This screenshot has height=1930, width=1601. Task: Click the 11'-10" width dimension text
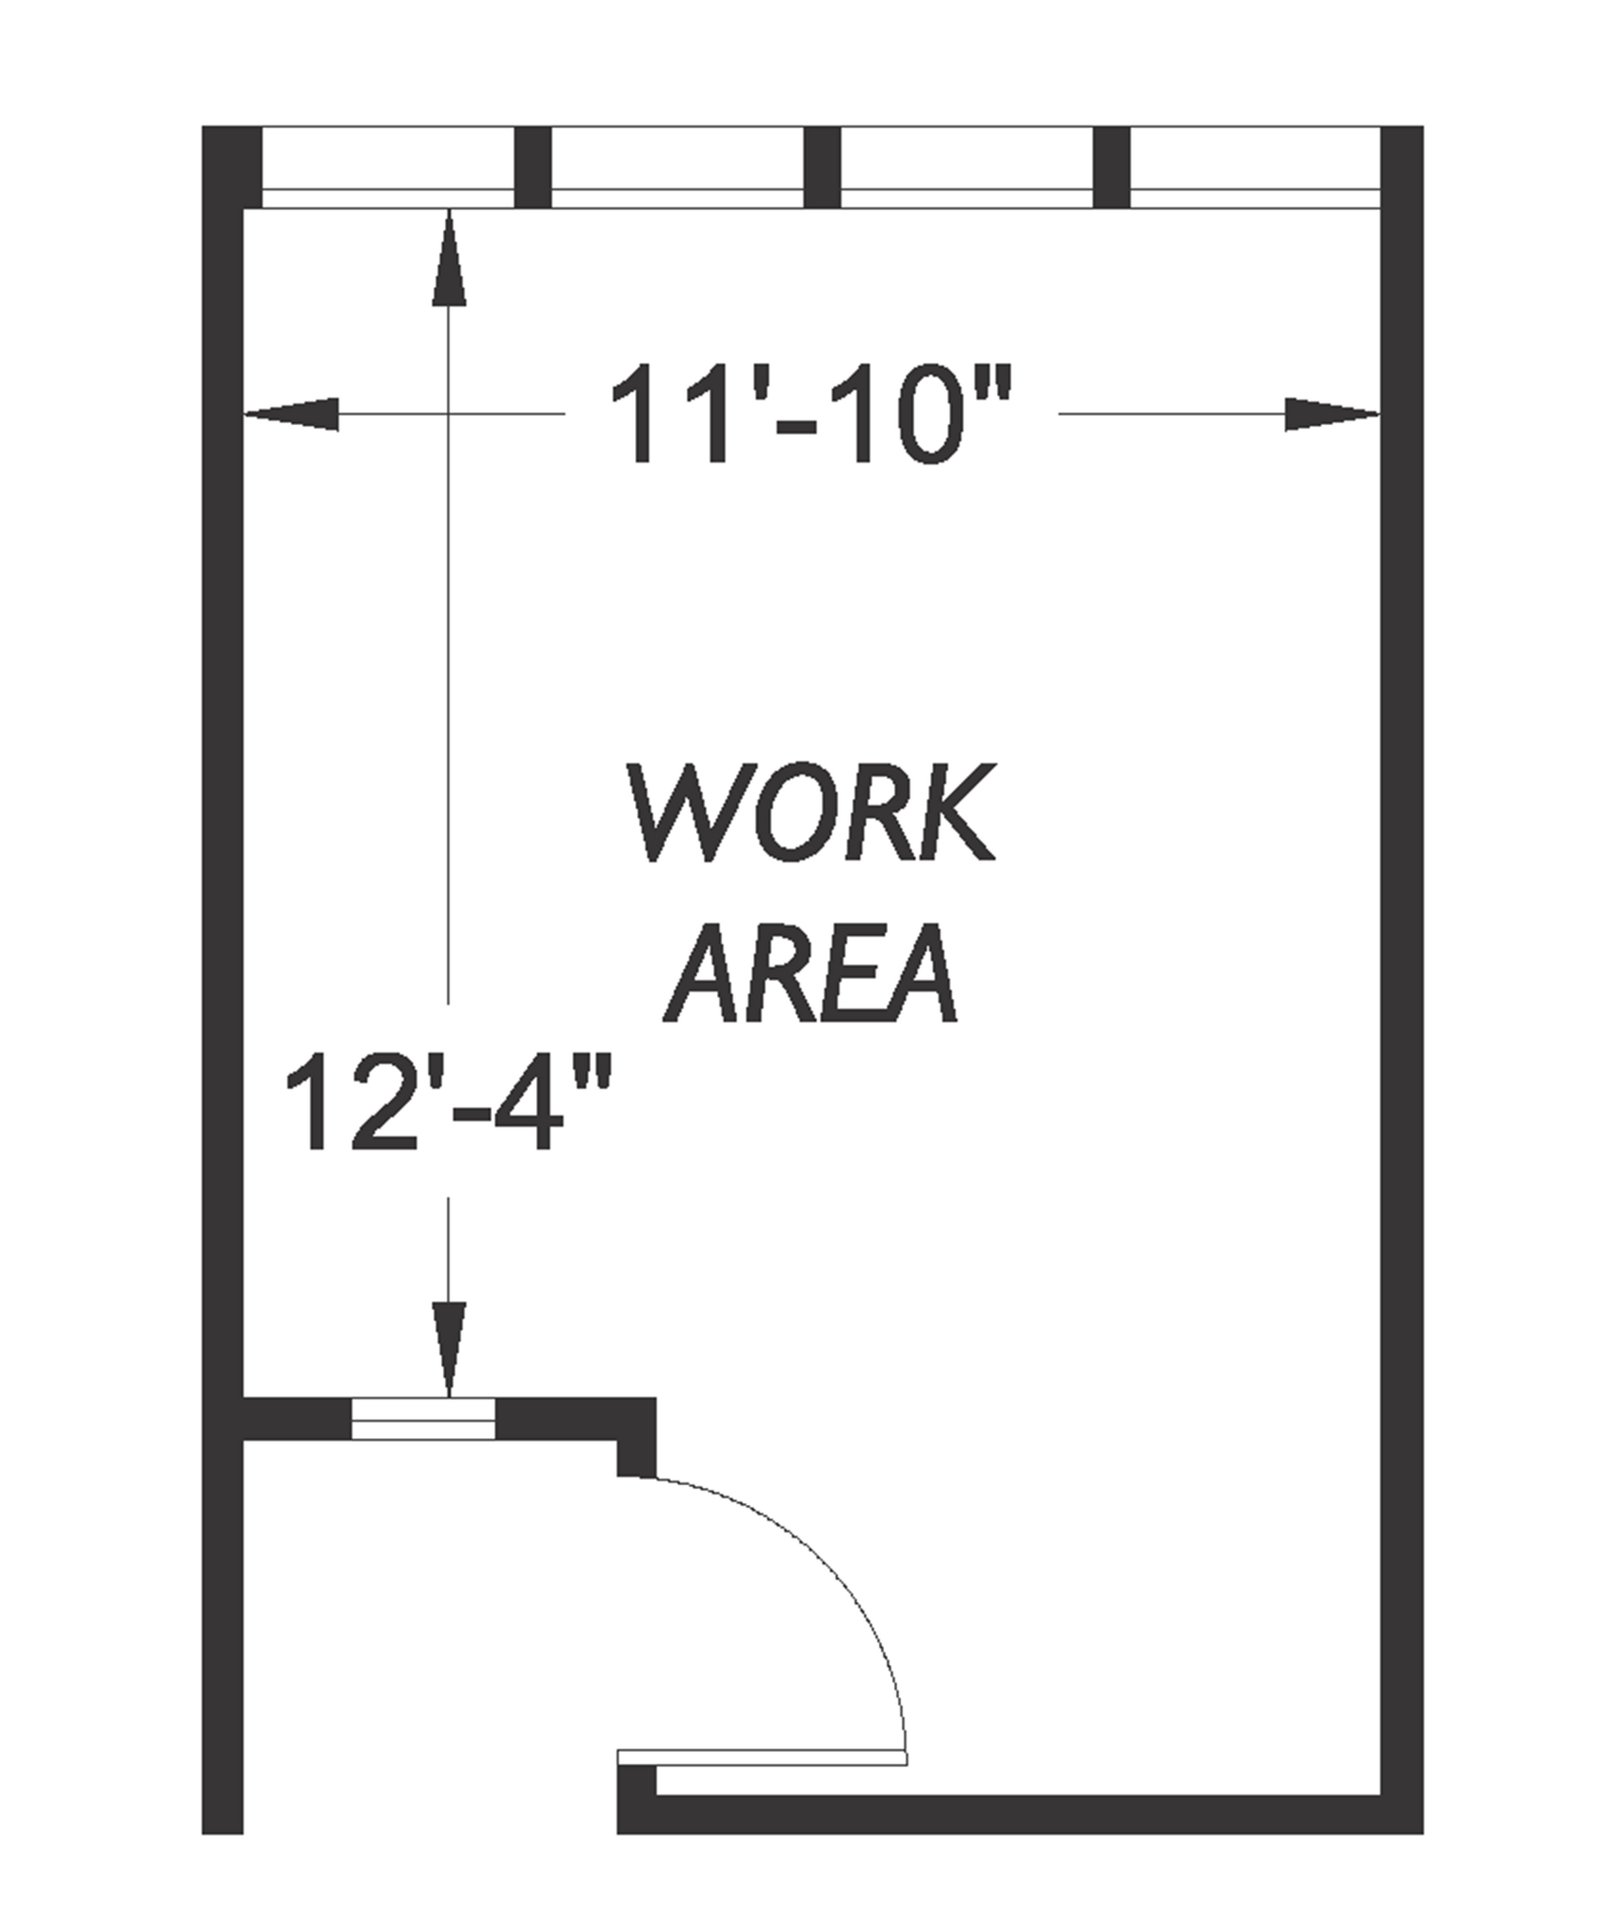pos(810,414)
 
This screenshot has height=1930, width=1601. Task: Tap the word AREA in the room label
pos(810,974)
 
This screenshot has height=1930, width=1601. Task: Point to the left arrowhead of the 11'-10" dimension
pos(292,414)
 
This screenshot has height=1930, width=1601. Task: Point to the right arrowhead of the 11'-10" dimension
pos(1331,414)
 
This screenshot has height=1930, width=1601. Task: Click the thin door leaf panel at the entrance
pos(761,1757)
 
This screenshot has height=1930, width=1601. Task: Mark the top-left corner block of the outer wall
pos(231,166)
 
